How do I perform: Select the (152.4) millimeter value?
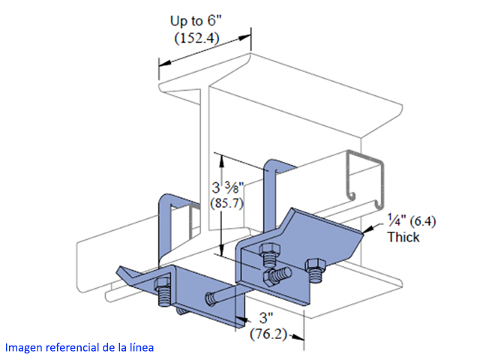pos(196,39)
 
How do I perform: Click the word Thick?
pos(403,237)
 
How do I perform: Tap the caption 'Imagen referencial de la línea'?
pos(79,348)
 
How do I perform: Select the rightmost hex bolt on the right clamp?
pos(317,268)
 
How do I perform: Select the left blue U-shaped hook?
pos(166,225)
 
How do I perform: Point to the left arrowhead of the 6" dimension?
pos(160,66)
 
